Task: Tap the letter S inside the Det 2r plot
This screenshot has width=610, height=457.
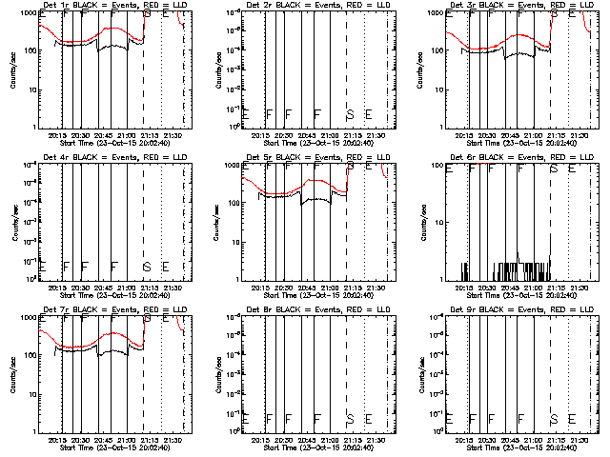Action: pyautogui.click(x=350, y=114)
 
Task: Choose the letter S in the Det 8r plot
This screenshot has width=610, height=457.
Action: pyautogui.click(x=350, y=418)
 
